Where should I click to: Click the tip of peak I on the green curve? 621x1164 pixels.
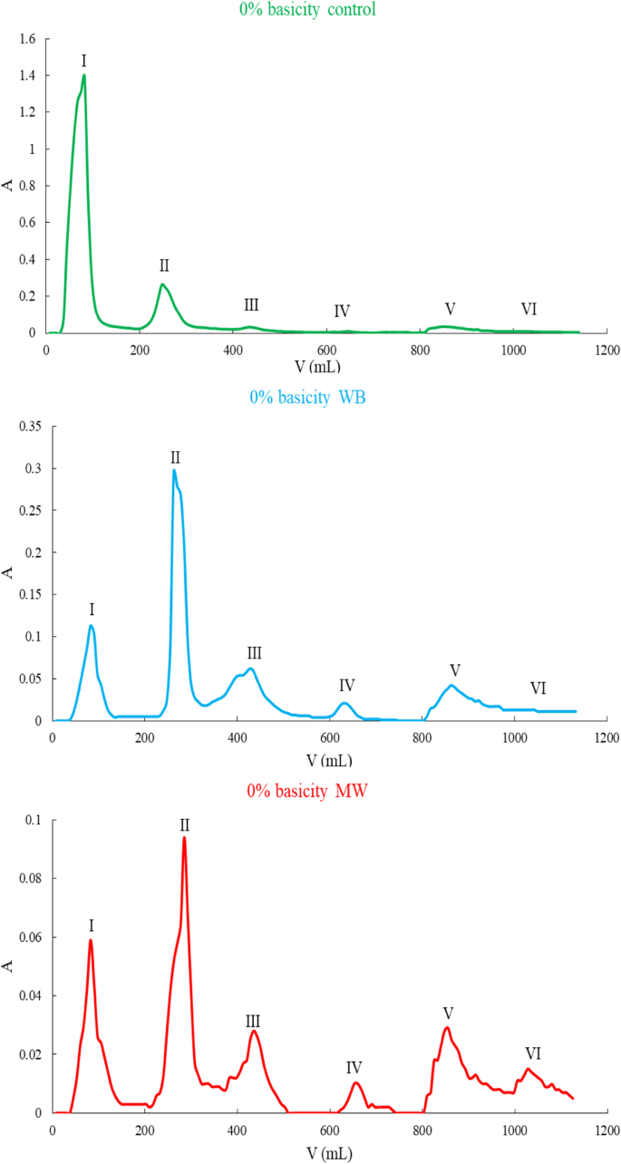(84, 75)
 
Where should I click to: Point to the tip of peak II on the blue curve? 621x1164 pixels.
(174, 469)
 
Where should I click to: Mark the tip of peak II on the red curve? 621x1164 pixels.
(184, 837)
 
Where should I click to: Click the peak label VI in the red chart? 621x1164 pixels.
(533, 1053)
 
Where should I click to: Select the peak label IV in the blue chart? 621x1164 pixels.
(346, 685)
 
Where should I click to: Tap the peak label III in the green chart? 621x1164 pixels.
(251, 304)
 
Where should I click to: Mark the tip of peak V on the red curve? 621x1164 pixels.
(447, 1027)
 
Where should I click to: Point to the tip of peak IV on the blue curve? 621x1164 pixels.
(344, 703)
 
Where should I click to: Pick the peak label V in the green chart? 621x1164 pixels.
(450, 308)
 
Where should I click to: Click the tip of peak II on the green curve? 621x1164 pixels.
(162, 284)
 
